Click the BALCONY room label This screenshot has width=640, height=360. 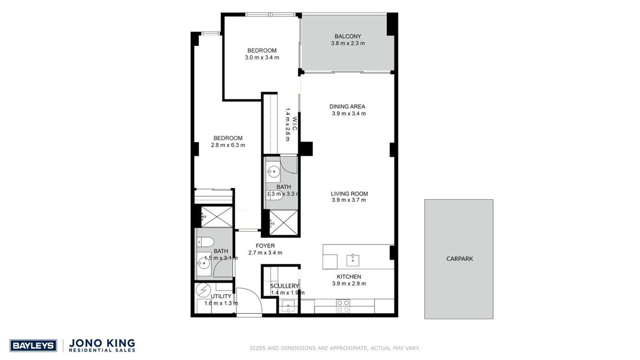348,36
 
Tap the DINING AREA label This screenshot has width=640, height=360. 347,107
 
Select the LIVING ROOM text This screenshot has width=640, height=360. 350,193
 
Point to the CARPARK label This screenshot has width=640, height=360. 460,259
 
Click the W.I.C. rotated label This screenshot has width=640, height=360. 295,124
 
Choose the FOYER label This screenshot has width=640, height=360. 265,246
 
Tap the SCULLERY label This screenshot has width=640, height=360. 284,286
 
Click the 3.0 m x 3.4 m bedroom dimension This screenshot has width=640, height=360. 262,57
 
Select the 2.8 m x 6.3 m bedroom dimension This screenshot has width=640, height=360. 228,145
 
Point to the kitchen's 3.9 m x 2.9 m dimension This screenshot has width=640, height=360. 349,283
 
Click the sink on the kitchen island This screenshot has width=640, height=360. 353,260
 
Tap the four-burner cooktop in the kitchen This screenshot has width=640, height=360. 343,306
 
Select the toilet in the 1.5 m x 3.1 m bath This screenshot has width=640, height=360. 205,242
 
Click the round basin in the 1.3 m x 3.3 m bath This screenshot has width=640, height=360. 273,172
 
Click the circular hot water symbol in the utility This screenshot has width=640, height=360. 204,290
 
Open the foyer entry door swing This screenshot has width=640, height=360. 249,301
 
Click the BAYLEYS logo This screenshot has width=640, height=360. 33,346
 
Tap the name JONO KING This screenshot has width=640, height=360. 102,343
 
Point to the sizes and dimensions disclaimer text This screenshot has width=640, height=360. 335,348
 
